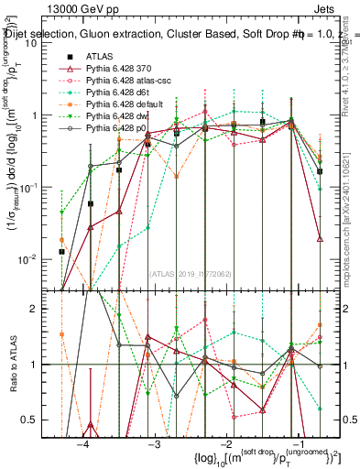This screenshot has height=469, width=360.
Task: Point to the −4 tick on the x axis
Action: click(83, 444)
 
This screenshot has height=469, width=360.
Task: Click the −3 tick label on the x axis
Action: click(154, 444)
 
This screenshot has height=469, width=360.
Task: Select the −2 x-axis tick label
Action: click(224, 444)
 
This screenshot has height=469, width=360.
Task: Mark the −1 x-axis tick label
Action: click(295, 444)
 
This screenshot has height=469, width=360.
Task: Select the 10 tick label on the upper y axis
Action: click(37, 43)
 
